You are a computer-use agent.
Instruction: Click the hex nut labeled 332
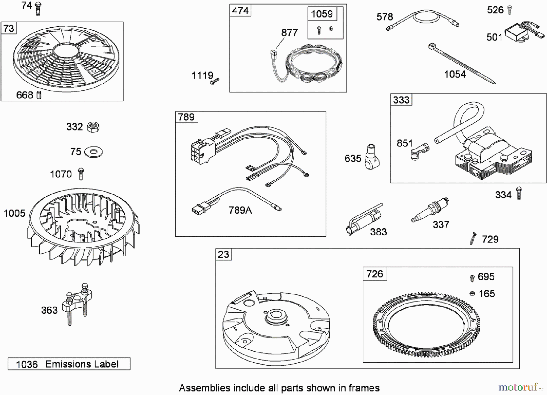pos(93,127)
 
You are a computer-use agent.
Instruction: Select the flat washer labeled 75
pos(94,152)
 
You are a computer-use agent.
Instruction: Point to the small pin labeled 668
pos(39,95)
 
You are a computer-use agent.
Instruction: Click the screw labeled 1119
pos(215,81)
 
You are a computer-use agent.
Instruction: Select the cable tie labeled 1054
pos(462,64)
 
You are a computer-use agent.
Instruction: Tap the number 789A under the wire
pos(240,210)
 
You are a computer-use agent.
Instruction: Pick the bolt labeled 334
pos(519,193)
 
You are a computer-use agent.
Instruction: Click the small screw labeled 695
pos(472,278)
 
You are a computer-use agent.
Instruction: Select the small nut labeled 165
pos(472,293)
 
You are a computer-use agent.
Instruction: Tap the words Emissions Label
pos(82,364)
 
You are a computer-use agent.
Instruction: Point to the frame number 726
pos(374,274)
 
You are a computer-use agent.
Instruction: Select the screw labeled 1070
pos(81,174)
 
